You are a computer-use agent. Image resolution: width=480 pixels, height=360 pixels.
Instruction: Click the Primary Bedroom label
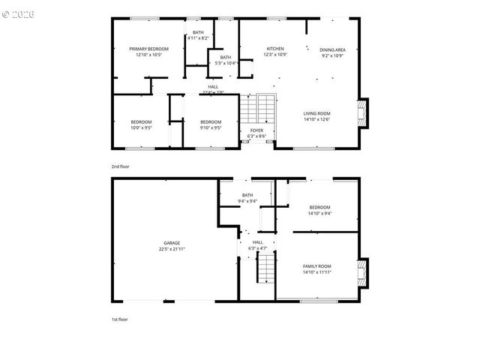point(148,52)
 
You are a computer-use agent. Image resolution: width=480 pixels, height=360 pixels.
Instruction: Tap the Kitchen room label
point(275,52)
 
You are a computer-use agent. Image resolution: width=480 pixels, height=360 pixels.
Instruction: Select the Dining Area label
point(332,52)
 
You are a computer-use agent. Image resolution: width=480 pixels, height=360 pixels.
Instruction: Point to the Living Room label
point(316,116)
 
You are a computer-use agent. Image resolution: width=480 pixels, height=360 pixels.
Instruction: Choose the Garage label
point(172,245)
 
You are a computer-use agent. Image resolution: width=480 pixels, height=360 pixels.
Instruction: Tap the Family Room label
point(316,268)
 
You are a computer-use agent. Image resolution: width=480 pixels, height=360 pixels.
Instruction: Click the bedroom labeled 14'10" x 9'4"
point(320,209)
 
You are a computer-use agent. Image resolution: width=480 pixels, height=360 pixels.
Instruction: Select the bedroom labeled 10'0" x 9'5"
point(141,124)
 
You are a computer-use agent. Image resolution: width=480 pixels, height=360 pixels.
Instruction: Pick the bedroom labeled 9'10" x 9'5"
point(211,124)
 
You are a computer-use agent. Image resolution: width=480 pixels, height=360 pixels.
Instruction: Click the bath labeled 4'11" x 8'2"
point(198,34)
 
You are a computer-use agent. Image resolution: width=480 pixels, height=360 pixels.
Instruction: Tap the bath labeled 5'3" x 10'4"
point(226,60)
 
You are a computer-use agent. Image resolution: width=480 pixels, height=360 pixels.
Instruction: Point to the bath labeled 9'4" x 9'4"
point(247,198)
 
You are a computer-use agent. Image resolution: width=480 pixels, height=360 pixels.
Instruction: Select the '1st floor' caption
point(120,319)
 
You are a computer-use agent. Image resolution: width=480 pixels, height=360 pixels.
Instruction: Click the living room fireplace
point(364,114)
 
